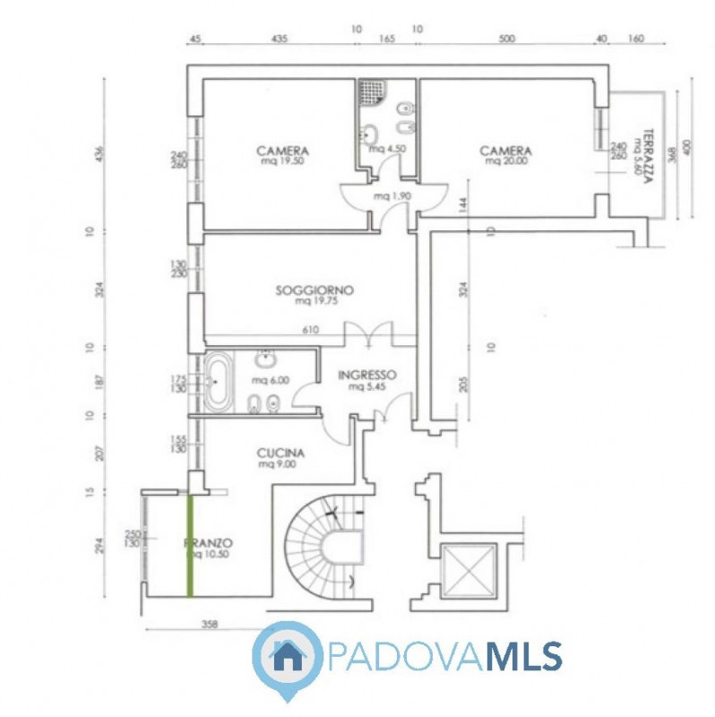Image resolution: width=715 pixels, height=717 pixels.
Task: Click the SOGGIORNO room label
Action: [314, 290]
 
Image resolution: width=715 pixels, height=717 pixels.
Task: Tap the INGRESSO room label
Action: [367, 376]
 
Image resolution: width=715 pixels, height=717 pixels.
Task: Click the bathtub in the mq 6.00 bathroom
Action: [218, 383]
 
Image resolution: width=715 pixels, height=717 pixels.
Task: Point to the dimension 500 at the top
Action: [507, 40]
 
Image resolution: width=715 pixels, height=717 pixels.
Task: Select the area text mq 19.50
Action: [282, 162]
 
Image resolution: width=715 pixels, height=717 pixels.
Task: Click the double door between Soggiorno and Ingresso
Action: [368, 333]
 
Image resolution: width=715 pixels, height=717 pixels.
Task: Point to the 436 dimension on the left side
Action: [100, 155]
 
